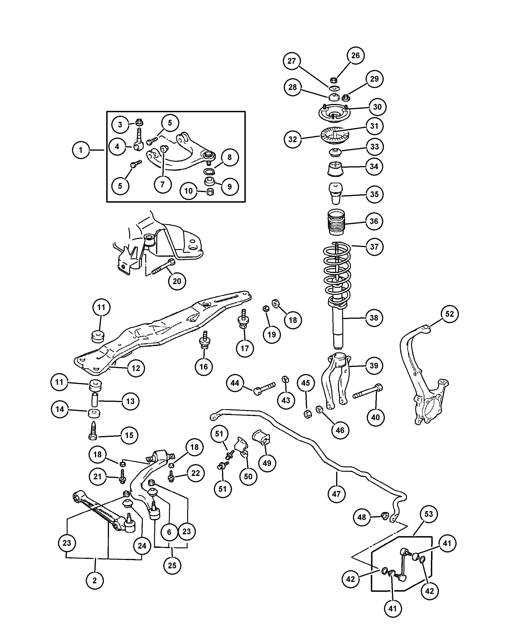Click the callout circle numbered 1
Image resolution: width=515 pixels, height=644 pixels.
click(81, 150)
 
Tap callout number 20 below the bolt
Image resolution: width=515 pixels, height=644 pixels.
click(177, 281)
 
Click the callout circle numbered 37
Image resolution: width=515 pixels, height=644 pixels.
click(374, 247)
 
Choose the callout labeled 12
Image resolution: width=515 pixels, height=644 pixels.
click(136, 368)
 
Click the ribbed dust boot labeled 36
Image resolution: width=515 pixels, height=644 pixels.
click(336, 222)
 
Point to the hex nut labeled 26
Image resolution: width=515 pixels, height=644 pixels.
click(334, 80)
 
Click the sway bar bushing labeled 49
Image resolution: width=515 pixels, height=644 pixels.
click(262, 438)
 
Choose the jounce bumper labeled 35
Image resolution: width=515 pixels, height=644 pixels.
click(336, 193)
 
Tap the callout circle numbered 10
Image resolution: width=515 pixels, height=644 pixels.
click(188, 191)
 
